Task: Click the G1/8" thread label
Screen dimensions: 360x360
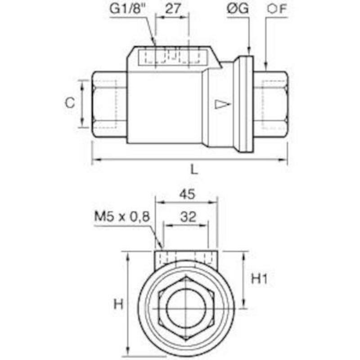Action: pos(128,9)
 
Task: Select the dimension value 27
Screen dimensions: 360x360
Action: pos(173,9)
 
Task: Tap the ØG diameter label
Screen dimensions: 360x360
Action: pos(238,9)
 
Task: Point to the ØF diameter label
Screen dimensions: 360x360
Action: pos(277,9)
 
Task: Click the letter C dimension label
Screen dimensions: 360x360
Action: pos(70,103)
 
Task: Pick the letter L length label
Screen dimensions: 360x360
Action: pos(194,170)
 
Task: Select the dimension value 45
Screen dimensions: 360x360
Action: pos(187,194)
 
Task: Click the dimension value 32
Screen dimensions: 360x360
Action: pos(188,217)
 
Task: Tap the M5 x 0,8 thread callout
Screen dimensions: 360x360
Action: pos(122,216)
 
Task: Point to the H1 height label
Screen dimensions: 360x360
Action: pos(260,279)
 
